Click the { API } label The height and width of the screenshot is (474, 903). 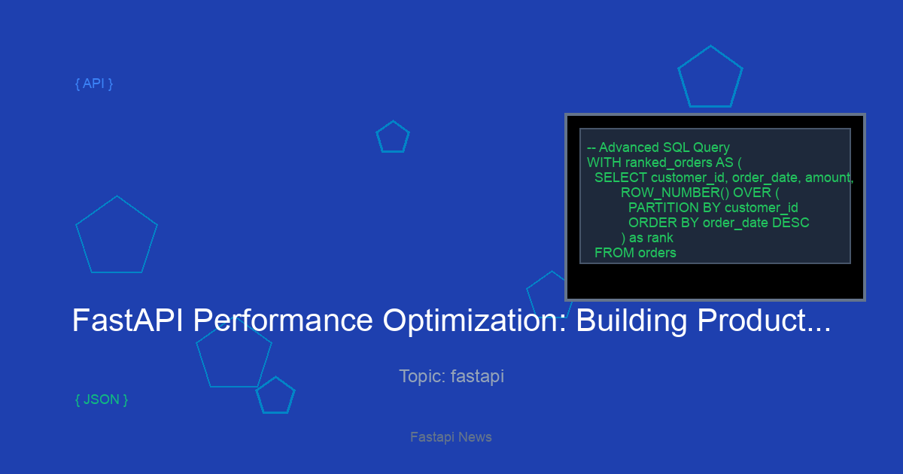tap(94, 84)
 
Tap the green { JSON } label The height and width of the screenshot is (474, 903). tap(102, 400)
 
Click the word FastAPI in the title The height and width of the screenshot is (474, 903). tap(128, 321)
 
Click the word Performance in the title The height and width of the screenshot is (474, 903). tap(283, 321)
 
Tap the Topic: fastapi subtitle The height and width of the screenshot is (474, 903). tap(451, 376)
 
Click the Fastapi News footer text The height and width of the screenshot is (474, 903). tap(451, 437)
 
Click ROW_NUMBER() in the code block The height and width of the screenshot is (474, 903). tap(675, 193)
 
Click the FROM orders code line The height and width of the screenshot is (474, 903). tap(635, 253)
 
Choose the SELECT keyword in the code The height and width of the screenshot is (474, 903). tap(621, 178)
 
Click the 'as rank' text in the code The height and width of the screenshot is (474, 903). tap(651, 238)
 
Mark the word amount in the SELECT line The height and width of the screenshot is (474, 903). tap(828, 178)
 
